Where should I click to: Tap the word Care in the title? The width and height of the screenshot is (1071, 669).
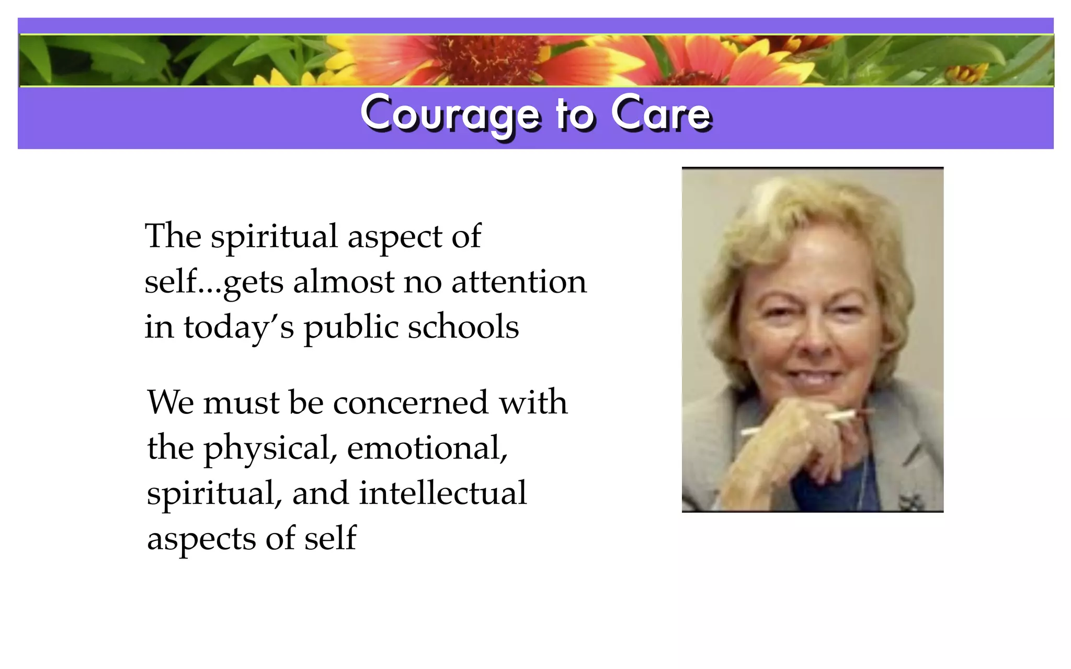(661, 113)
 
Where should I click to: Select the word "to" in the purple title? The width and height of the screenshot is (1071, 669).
(575, 114)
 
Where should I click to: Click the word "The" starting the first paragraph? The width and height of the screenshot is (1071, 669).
(173, 236)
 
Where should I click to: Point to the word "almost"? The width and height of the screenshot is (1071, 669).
(343, 282)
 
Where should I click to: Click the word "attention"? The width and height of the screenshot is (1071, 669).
(519, 282)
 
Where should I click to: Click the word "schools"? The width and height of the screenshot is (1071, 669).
(463, 327)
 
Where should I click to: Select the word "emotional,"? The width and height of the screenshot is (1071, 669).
(427, 448)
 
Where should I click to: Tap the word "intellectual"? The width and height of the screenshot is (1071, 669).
(443, 493)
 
